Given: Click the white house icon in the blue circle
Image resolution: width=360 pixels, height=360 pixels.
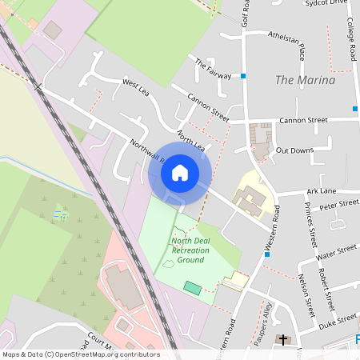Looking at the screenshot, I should (x=180, y=172).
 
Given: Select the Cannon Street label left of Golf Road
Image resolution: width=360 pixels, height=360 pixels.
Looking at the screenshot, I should (x=208, y=109).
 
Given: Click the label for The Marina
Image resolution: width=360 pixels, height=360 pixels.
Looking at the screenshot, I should (x=304, y=80).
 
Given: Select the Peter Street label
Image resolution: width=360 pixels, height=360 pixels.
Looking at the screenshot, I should (x=339, y=206).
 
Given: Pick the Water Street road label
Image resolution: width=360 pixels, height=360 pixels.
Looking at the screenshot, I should (x=336, y=252).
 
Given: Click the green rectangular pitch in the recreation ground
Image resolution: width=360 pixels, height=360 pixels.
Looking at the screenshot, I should (x=193, y=286).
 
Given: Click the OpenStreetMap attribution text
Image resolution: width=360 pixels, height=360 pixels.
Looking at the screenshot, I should (x=80, y=354).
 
